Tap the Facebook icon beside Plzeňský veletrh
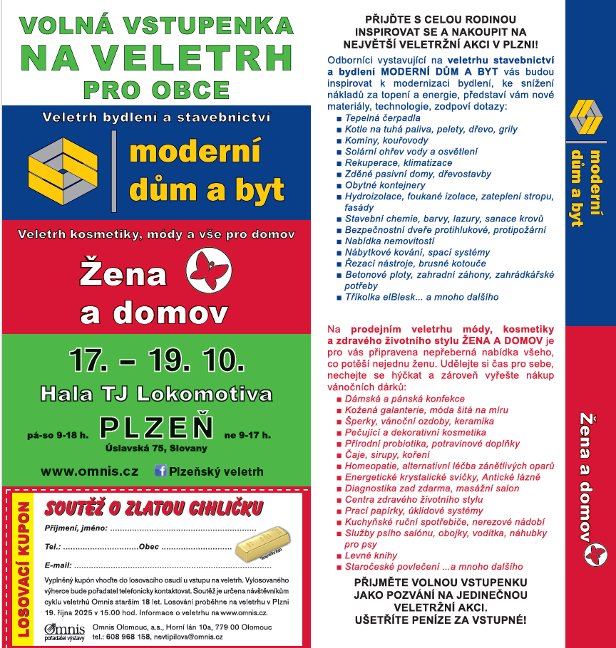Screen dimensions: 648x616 tap(160, 471)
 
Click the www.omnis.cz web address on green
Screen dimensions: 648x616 tap(89, 471)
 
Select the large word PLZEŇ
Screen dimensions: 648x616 tap(157, 427)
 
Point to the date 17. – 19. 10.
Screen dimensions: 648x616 tap(158, 361)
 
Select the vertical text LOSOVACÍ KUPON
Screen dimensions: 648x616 tap(23, 568)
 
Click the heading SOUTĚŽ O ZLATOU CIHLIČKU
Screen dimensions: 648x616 tap(153, 508)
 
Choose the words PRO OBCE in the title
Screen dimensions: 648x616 tap(156, 90)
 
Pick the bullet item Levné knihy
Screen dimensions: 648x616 tap(371, 555)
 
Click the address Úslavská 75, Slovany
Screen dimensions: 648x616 tap(156, 448)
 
